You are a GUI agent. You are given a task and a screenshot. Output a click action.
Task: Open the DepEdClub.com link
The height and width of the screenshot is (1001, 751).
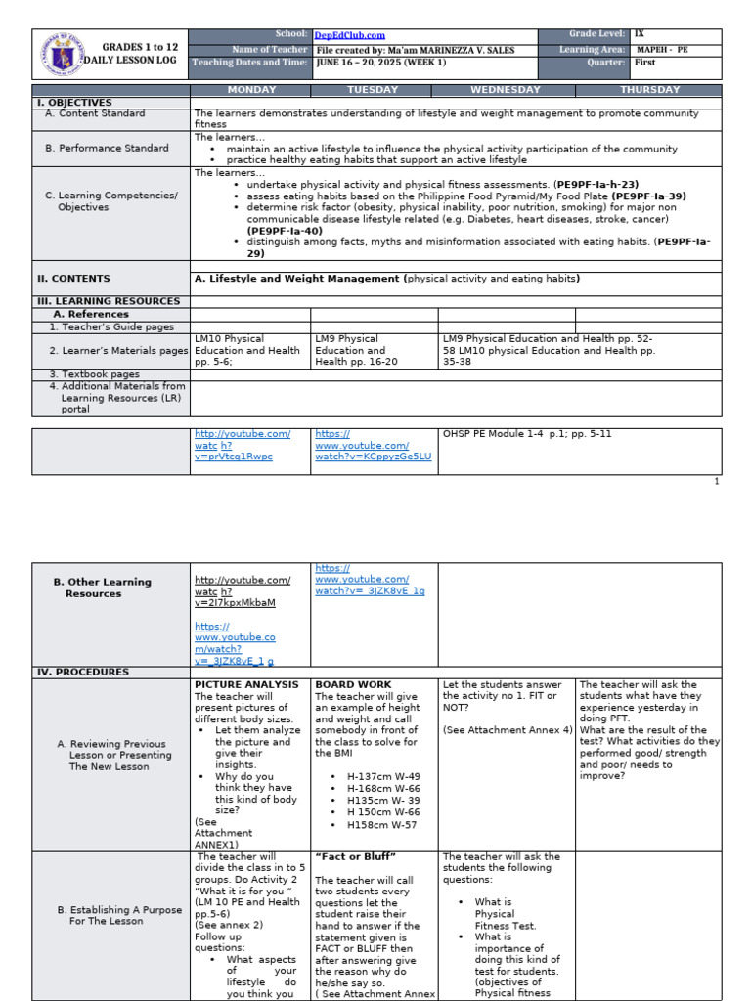click(x=349, y=35)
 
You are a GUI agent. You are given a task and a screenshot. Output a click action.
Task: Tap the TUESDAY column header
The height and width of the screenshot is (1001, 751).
click(x=373, y=90)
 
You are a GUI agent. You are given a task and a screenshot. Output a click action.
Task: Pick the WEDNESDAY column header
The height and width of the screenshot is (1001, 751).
click(x=506, y=90)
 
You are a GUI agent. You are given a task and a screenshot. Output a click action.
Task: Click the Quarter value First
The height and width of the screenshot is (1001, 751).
click(x=645, y=63)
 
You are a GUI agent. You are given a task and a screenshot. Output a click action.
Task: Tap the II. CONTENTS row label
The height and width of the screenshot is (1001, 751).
click(x=73, y=279)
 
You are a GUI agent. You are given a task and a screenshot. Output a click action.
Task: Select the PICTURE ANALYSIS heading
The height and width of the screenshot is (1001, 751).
click(x=246, y=685)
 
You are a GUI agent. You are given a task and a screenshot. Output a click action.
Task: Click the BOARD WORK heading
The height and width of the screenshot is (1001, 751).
click(x=353, y=685)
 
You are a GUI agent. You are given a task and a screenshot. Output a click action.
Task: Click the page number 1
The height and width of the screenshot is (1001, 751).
click(x=716, y=481)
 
